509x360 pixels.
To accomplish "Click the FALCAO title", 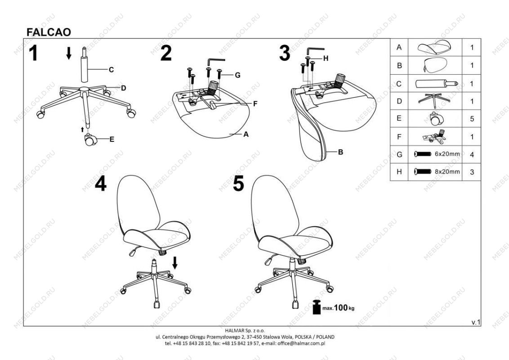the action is tap(49, 32).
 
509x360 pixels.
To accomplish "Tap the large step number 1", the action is tap(33, 53).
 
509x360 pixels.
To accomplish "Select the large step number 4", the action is tap(101, 184).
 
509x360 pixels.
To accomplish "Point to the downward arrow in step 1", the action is tap(68, 53).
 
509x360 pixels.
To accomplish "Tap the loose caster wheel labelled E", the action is tap(90, 139).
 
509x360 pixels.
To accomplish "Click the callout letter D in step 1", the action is tap(123, 88).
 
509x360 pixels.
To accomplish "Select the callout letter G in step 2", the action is tap(237, 76).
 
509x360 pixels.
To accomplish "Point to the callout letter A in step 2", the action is tap(246, 134).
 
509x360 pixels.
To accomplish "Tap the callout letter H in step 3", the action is tap(326, 58).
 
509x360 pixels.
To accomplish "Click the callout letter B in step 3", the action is tap(340, 152).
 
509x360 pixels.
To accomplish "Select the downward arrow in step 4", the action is tap(175, 262).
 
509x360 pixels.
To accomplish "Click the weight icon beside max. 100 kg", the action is tap(317, 307).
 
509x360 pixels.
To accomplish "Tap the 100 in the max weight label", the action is tap(341, 307).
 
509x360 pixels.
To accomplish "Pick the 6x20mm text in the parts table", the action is tap(447, 154).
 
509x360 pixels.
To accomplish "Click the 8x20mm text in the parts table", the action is tap(447, 171).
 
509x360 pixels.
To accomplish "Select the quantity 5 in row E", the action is tap(472, 119).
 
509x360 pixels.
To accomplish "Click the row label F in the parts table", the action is tap(399, 137).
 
